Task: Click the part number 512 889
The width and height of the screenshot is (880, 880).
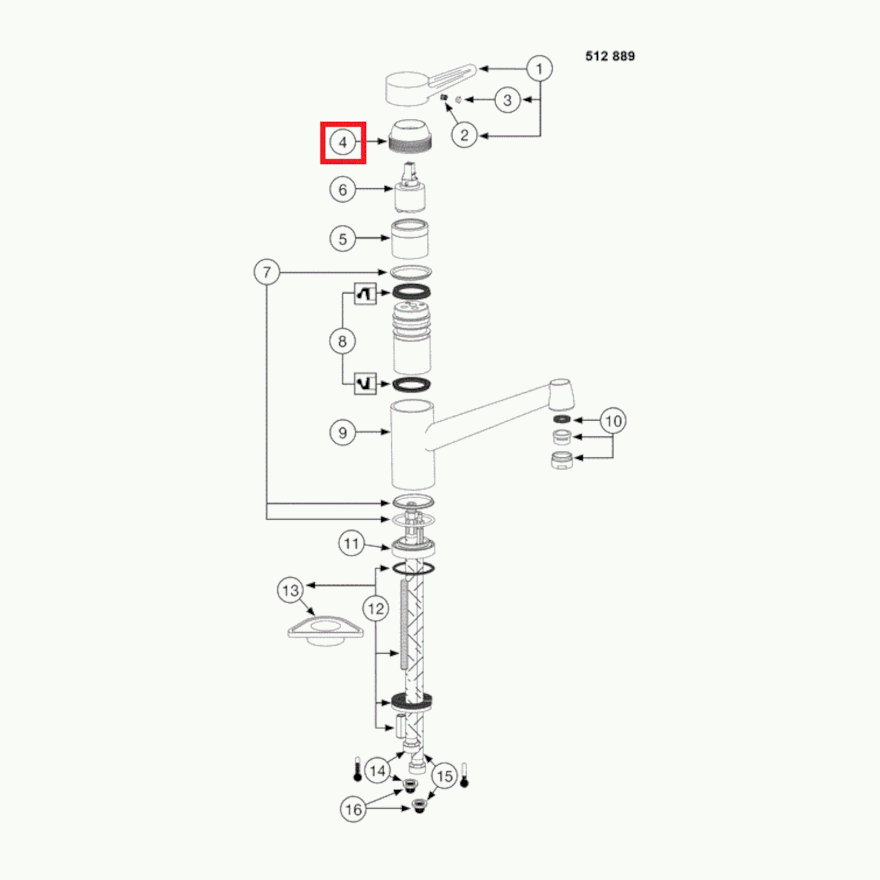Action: click(610, 56)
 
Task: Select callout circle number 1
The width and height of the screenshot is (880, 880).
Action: click(540, 69)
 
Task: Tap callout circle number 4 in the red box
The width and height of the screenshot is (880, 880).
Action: click(342, 143)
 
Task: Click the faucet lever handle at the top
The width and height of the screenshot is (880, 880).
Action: click(431, 85)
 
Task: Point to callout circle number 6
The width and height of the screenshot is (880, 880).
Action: click(342, 190)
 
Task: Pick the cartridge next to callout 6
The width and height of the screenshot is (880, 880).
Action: click(411, 188)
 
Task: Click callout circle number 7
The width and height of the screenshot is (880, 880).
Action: click(267, 272)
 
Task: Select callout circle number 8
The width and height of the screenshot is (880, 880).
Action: click(342, 341)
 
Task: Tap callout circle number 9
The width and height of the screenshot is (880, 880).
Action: click(342, 433)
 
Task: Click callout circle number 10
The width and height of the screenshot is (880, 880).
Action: click(613, 421)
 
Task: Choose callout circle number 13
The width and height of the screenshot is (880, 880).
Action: click(291, 591)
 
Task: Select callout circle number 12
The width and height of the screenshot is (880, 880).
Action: click(376, 609)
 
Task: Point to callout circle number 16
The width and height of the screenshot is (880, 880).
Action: click(353, 809)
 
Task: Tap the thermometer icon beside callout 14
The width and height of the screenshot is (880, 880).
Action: click(358, 769)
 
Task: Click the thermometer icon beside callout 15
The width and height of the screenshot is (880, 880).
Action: click(464, 776)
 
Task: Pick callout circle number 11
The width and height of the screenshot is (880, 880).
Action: click(352, 543)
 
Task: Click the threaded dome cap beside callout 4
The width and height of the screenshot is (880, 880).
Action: click(411, 135)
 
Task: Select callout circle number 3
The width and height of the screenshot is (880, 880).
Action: click(508, 100)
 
